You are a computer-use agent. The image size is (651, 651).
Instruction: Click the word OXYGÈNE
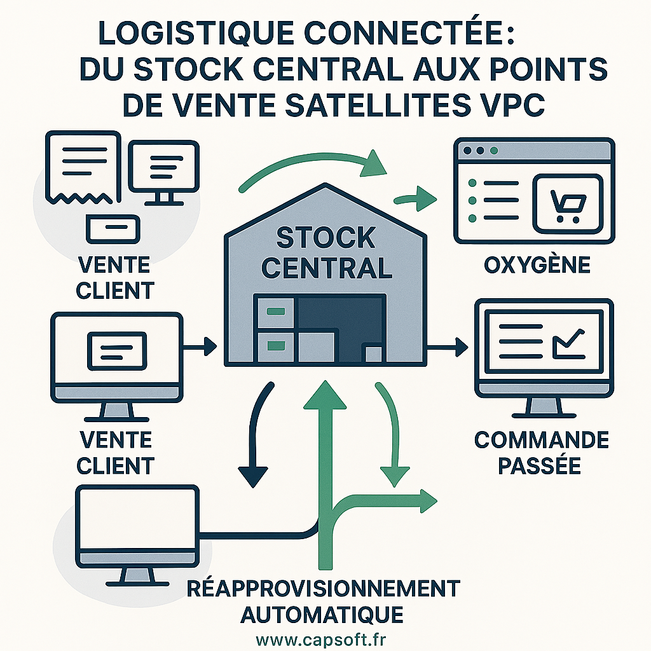tap(537, 264)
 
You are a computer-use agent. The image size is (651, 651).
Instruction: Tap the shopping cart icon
tap(566, 205)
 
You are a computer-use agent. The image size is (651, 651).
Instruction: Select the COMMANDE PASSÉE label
tap(541, 453)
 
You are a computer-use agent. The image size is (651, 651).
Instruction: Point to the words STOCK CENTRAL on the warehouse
tap(327, 253)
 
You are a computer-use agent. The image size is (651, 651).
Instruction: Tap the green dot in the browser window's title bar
tap(494, 151)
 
